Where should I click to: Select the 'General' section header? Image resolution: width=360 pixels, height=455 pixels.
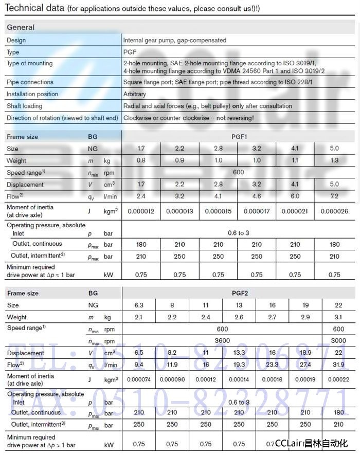coord(21,27)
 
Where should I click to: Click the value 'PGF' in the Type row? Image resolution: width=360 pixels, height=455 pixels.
coord(130,52)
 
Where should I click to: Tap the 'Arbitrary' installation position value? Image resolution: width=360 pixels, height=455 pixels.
coord(135,94)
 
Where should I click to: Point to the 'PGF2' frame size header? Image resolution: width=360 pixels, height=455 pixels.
coord(240,293)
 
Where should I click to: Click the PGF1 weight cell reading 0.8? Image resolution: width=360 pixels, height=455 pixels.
coord(141,160)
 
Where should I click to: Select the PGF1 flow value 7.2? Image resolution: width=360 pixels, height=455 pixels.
coord(334,196)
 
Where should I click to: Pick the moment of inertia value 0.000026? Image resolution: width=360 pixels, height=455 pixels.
coord(334,211)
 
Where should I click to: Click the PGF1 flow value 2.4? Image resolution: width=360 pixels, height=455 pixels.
coord(141,196)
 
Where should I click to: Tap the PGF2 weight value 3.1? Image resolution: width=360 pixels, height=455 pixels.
coord(338,317)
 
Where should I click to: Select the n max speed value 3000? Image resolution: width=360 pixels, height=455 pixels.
coord(338,340)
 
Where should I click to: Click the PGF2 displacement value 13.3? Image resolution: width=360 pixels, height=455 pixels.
coord(239,353)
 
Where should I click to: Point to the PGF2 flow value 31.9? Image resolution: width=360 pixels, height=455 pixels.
coord(338,365)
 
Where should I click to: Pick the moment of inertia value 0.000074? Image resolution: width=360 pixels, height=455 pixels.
coord(138,379)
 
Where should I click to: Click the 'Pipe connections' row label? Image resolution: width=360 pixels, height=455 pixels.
coord(30,82)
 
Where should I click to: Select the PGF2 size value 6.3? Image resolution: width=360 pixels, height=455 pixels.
coord(138,305)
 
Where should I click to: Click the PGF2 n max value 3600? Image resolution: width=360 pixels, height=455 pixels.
coord(222,340)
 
